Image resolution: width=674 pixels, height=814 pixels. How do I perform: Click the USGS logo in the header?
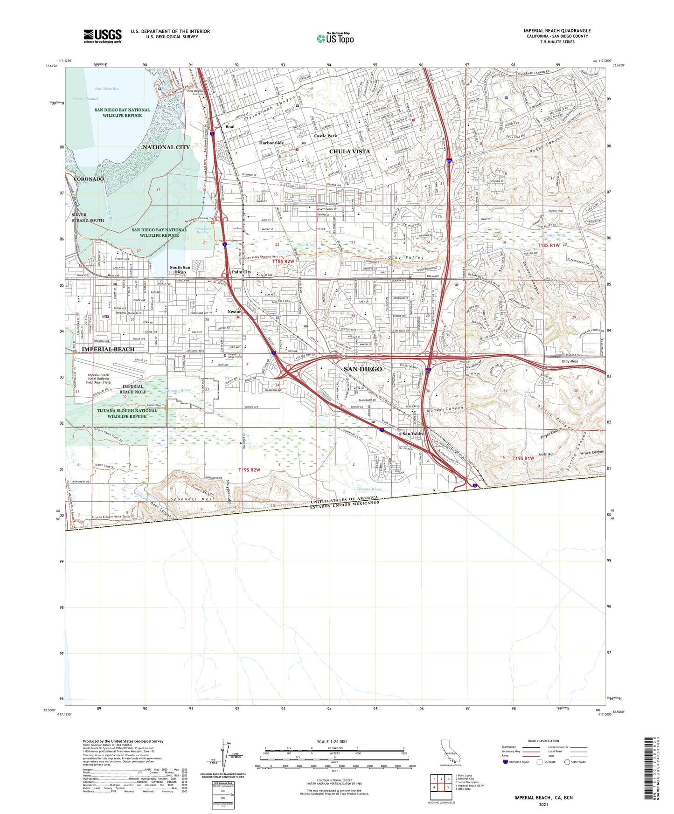pyautogui.click(x=103, y=36)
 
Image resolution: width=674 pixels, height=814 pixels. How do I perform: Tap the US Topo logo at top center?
pyautogui.click(x=335, y=38)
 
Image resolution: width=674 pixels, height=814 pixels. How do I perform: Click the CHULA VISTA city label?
pyautogui.click(x=349, y=152)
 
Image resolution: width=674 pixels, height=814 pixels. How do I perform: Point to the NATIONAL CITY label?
pyautogui.click(x=166, y=147)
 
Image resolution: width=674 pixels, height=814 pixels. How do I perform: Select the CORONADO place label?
pyautogui.click(x=89, y=179)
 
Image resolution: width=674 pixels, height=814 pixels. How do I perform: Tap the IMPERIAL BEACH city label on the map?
pyautogui.click(x=108, y=349)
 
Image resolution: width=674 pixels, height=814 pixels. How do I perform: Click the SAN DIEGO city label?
pyautogui.click(x=363, y=369)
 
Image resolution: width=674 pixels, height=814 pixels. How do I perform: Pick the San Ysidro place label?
pyautogui.click(x=413, y=434)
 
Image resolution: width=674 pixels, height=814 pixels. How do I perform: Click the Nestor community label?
pyautogui.click(x=234, y=312)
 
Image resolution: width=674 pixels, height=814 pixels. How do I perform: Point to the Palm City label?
pyautogui.click(x=241, y=272)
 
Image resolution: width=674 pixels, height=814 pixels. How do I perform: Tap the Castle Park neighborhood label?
pyautogui.click(x=325, y=136)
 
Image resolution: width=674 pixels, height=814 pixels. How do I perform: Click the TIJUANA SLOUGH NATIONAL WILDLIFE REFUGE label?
pyautogui.click(x=127, y=414)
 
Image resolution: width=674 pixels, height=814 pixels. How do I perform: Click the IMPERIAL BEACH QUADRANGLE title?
pyautogui.click(x=557, y=31)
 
